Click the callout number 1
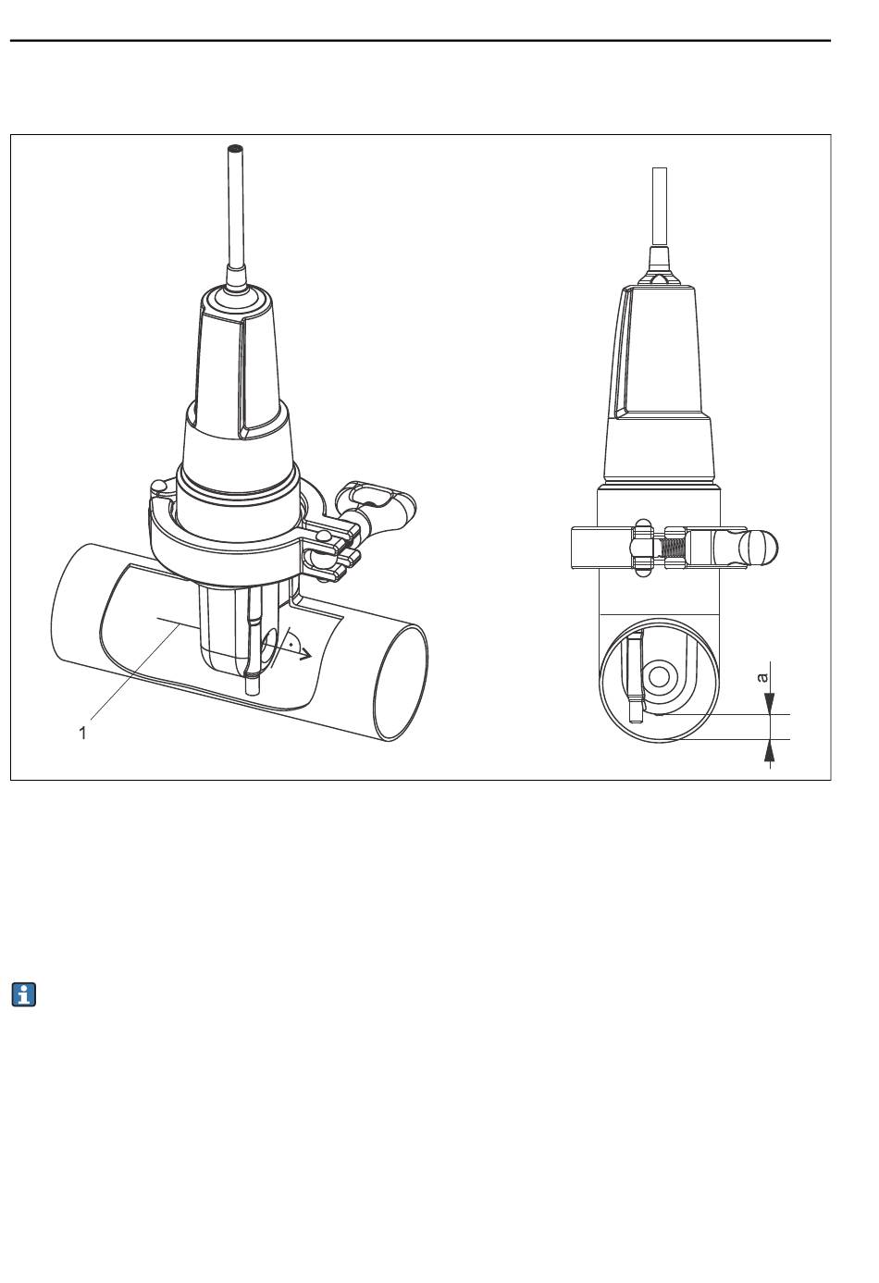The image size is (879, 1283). tap(82, 733)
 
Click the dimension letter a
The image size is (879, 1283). tap(762, 678)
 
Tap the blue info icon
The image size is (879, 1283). tap(23, 995)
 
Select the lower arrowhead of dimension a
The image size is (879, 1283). tap(770, 750)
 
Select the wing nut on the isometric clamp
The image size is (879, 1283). tap(376, 501)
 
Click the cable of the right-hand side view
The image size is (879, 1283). tap(660, 207)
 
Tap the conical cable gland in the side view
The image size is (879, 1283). tap(660, 265)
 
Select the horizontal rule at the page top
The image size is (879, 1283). tap(420, 41)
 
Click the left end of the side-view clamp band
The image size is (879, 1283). tap(573, 549)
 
